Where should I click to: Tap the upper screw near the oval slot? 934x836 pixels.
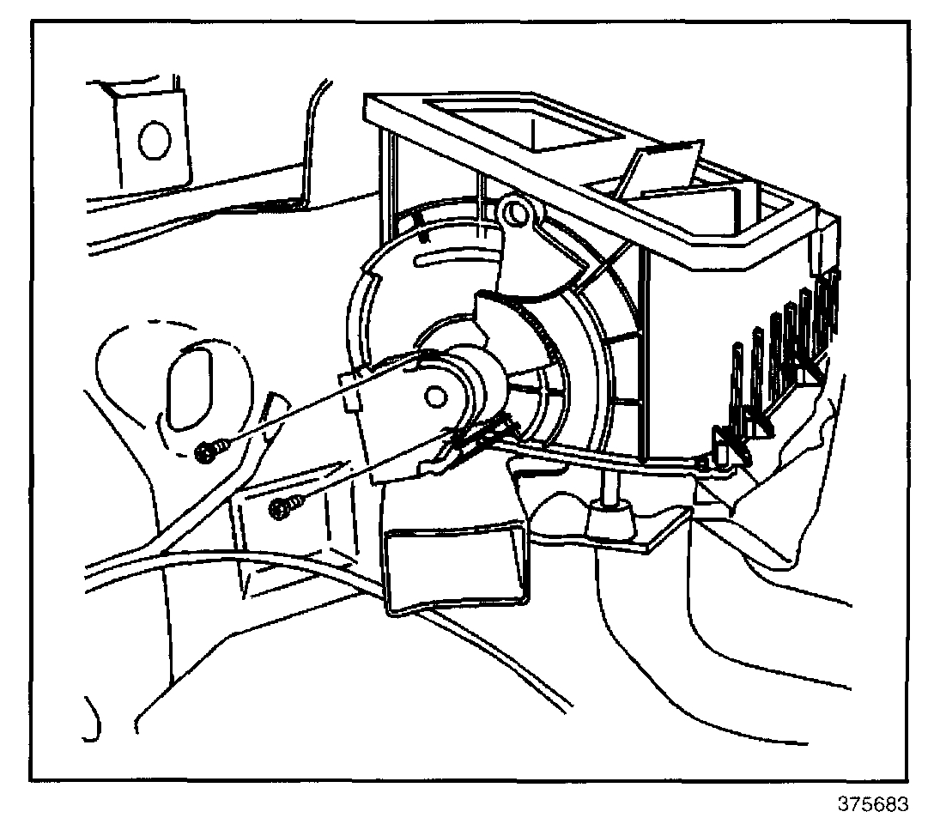(x=209, y=451)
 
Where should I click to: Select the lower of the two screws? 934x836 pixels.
(x=281, y=508)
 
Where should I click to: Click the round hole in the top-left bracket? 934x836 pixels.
(x=153, y=140)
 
